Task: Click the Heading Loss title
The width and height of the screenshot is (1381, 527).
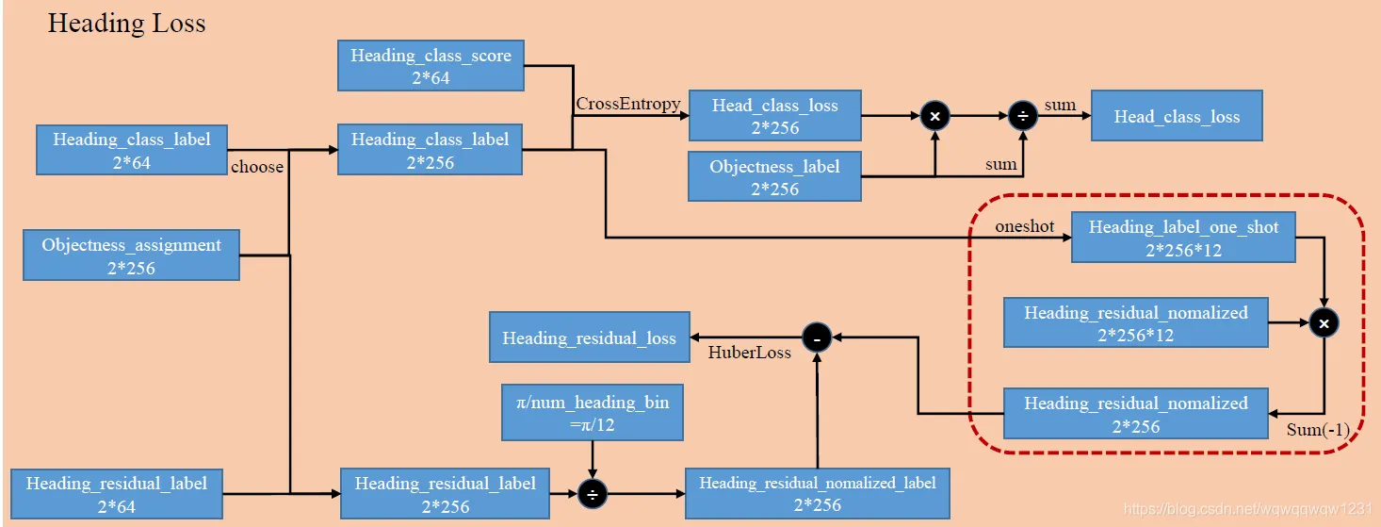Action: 126,24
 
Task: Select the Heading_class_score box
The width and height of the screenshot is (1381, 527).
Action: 431,66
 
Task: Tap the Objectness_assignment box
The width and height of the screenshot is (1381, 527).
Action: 131,255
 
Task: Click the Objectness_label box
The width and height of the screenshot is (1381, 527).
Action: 774,176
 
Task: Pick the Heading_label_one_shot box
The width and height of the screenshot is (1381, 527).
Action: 1183,238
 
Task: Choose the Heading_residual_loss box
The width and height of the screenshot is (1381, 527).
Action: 589,338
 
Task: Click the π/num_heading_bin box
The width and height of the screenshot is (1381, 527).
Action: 593,413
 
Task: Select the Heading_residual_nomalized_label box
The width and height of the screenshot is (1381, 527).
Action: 817,492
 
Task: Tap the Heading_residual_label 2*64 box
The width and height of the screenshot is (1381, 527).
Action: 116,494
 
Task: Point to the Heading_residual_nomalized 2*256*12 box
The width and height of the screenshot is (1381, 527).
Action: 1135,322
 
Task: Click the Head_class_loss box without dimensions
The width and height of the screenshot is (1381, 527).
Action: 1177,117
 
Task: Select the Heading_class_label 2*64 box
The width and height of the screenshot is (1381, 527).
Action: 131,150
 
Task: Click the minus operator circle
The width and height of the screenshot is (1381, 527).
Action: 816,337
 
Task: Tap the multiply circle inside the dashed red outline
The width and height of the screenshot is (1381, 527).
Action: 1324,323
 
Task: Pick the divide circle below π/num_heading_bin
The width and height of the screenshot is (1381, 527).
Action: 593,493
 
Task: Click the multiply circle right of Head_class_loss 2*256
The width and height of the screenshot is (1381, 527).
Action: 934,116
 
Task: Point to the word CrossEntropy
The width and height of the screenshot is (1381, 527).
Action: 627,104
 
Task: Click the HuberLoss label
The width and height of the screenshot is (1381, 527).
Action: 750,352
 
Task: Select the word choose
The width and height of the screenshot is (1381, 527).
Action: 257,167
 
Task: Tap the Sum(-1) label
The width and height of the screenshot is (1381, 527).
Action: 1318,430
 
